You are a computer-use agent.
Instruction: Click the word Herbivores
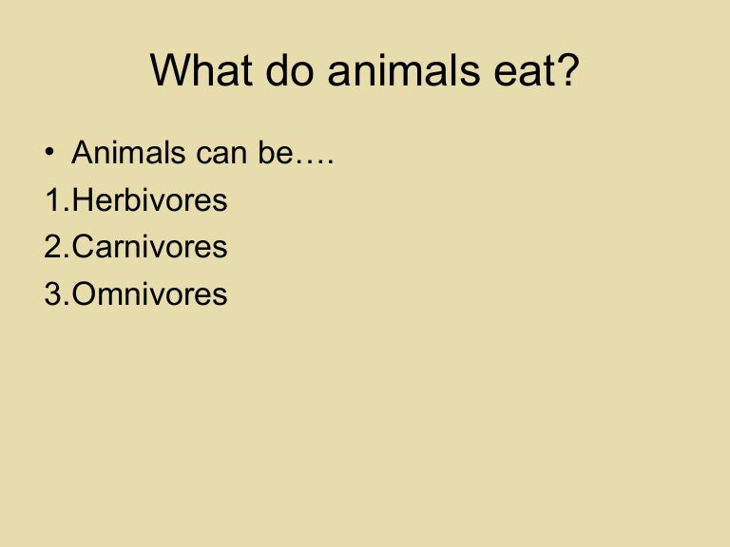149,200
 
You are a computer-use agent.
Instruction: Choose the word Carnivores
149,247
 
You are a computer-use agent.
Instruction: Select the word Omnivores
149,293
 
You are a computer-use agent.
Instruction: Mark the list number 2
53,247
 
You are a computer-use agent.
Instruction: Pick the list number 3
53,293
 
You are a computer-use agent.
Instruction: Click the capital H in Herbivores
83,200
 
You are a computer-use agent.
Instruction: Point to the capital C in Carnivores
84,247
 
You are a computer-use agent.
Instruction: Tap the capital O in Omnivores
85,293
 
